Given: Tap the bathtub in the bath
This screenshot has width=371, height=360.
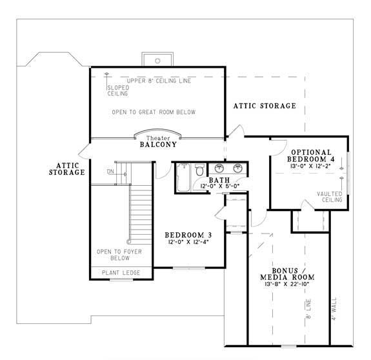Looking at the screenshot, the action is pos(183,177).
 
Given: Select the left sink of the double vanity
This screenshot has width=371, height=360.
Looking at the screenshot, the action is pos(219,168).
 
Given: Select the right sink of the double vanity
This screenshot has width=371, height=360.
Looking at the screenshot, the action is pos(237,168).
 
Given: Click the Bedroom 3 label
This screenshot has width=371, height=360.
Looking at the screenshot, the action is pos(188,235).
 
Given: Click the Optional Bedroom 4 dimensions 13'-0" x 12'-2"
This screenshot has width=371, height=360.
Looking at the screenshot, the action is pos(310,166).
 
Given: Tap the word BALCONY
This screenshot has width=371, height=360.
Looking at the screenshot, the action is pos(158,145).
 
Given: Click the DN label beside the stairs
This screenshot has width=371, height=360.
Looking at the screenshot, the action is pos(110,172).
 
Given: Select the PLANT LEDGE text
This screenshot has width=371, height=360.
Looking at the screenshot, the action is pos(121,273).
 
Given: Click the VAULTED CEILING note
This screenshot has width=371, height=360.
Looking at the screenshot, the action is pos(330,197).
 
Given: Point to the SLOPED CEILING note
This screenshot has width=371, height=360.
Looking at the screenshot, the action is pos(118,90).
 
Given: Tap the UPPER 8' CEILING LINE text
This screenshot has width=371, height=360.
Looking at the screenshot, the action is pos(159,81).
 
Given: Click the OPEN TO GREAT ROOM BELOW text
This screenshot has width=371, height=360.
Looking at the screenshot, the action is pos(154,112).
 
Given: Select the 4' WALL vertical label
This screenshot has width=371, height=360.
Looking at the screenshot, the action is pos(334,308).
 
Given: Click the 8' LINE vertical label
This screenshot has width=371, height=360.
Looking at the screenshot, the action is pos(308,309).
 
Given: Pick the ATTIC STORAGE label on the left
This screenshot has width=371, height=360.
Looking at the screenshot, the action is pos(67,169).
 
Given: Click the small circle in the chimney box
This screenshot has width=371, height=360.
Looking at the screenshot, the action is pos(157,61).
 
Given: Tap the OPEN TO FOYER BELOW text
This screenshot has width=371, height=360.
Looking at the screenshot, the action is pos(119,255).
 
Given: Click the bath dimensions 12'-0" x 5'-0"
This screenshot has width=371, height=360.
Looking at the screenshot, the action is pos(220,186).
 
